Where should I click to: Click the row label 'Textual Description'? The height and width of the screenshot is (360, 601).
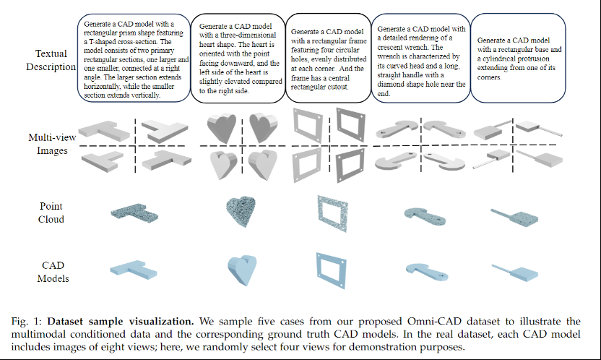coord(51,60)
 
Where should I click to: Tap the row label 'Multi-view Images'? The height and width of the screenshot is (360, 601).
coord(52,144)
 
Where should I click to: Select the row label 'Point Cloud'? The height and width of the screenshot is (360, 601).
coord(51,213)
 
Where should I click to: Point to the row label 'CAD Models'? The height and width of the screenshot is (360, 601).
coord(53,272)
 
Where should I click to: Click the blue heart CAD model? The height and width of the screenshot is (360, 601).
coord(242,270)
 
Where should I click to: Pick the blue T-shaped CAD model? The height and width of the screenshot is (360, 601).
coord(134,270)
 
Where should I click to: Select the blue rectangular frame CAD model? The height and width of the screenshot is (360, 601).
coord(332,270)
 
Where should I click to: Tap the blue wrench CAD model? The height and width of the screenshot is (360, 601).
coord(427,271)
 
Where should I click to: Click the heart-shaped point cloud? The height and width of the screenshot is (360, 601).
coord(241,211)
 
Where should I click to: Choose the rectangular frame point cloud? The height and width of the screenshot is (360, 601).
coord(332,213)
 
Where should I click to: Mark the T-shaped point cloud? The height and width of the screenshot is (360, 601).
coord(134,212)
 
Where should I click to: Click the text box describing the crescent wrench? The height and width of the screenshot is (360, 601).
coord(421,58)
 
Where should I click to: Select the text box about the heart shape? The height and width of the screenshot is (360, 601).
coord(238,58)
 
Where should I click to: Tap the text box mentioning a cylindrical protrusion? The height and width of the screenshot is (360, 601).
coord(518,58)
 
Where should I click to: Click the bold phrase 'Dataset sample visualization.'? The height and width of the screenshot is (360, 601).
coord(121,321)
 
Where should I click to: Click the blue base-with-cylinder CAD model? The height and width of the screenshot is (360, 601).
coord(515,272)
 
